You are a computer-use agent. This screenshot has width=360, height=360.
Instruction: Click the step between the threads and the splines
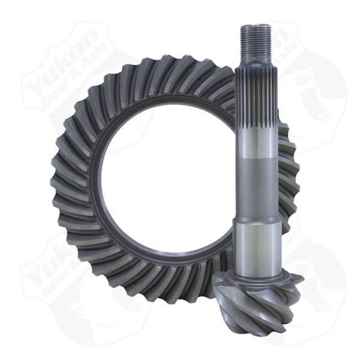pos(255,60)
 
